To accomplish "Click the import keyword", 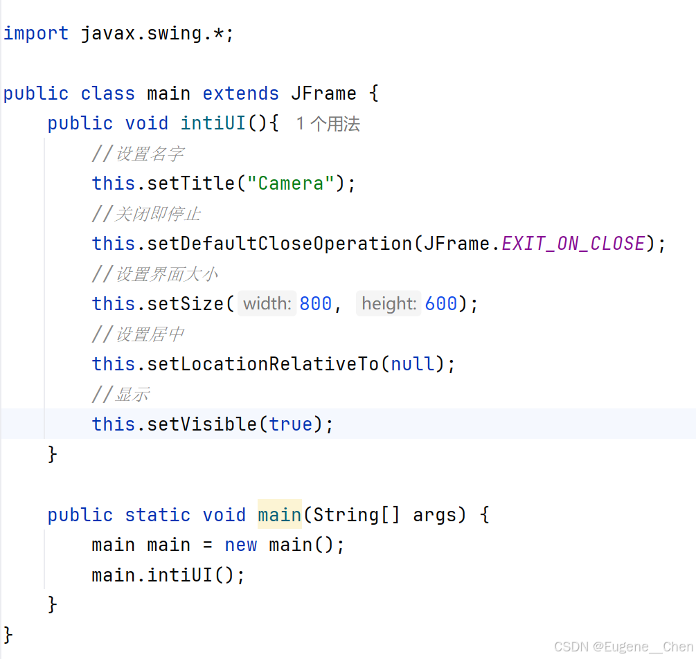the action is (x=36, y=33).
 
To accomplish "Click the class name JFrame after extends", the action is (x=323, y=93).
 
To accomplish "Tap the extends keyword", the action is (x=240, y=93).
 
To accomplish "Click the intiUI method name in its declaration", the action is (x=213, y=124).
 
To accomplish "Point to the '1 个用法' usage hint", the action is (x=328, y=124).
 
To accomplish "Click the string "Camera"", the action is (x=291, y=183).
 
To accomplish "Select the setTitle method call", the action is (x=191, y=183).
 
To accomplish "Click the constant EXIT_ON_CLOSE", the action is (x=573, y=244).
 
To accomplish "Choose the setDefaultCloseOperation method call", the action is (x=280, y=244).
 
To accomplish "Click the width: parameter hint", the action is (x=267, y=304).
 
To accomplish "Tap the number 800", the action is (x=316, y=304).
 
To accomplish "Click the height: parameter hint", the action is (x=389, y=304).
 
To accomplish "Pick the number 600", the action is (x=441, y=304).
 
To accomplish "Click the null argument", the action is (x=413, y=364).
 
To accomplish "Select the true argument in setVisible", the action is (x=291, y=424).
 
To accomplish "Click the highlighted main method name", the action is (x=279, y=515).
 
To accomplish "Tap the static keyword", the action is (x=158, y=515).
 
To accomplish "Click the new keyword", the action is (x=241, y=545).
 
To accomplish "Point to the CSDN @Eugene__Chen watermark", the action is (x=623, y=647).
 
